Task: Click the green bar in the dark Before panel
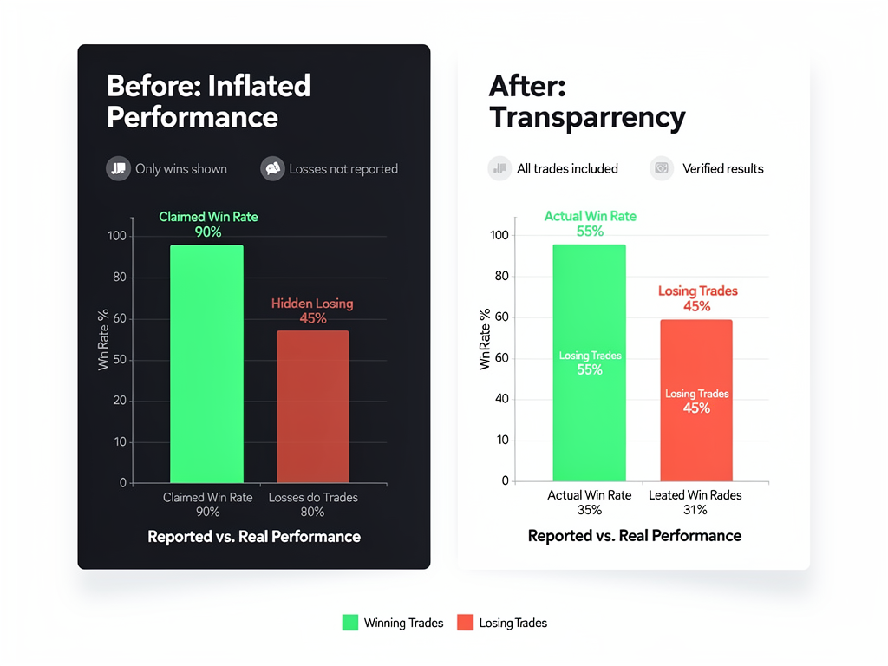pyautogui.click(x=206, y=363)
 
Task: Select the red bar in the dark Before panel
pyautogui.click(x=312, y=406)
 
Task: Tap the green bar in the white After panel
pyautogui.click(x=589, y=362)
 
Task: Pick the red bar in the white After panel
pyautogui.click(x=695, y=400)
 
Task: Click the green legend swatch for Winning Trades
pyautogui.click(x=350, y=623)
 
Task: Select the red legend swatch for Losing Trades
pyautogui.click(x=465, y=623)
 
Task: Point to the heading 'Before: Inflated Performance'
pyautogui.click(x=208, y=101)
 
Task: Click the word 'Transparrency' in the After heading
pyautogui.click(x=587, y=117)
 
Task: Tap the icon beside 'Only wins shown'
pyautogui.click(x=118, y=168)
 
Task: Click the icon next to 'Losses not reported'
pyautogui.click(x=272, y=168)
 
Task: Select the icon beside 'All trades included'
pyautogui.click(x=499, y=168)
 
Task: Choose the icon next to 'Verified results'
pyautogui.click(x=662, y=168)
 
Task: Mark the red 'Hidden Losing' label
pyautogui.click(x=312, y=304)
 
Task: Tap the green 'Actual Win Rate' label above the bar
pyautogui.click(x=590, y=216)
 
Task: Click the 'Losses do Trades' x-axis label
pyautogui.click(x=313, y=498)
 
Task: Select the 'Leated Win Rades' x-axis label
pyautogui.click(x=695, y=495)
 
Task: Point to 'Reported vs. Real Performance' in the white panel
pyautogui.click(x=634, y=536)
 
